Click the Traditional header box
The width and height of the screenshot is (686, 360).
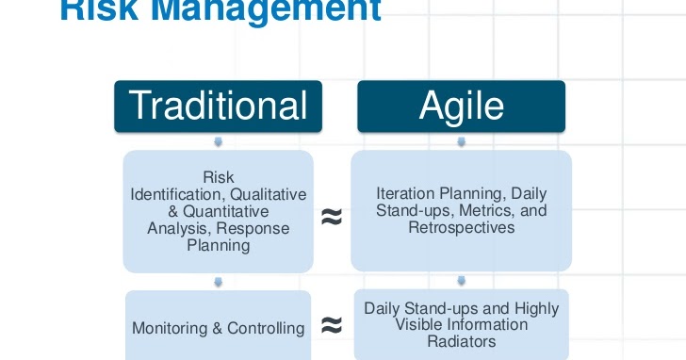click(218, 106)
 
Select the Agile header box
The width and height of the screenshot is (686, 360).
click(461, 106)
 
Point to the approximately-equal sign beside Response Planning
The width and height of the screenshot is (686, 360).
click(331, 217)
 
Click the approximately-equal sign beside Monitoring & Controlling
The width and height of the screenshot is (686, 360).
click(331, 326)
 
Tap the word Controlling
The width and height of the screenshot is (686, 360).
click(262, 329)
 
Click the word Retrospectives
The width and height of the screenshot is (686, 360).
click(461, 227)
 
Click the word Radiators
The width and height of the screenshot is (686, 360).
click(461, 341)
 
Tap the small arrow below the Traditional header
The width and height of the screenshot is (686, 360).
click(218, 141)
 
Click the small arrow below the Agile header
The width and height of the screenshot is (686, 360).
click(461, 141)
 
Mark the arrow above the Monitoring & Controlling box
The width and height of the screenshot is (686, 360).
click(218, 281)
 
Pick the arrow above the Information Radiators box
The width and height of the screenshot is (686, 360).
click(461, 281)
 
